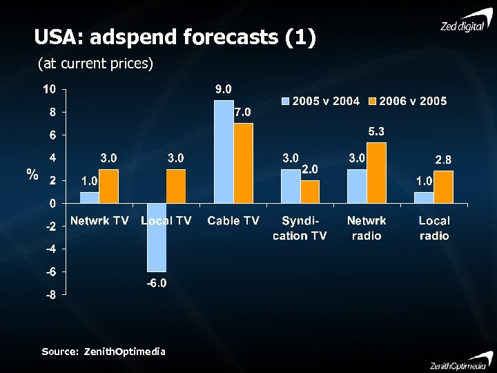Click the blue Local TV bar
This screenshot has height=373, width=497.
click(x=157, y=238)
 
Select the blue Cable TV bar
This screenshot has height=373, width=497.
click(x=224, y=152)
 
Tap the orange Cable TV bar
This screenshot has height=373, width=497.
click(x=243, y=163)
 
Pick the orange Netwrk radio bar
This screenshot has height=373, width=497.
click(x=376, y=173)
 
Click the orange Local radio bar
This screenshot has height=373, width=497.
click(x=444, y=187)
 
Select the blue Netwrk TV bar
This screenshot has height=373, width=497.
click(x=89, y=198)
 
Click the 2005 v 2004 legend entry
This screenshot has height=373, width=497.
click(x=320, y=102)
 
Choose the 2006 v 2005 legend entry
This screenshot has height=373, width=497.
click(x=408, y=102)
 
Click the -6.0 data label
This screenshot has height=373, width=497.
click(x=156, y=283)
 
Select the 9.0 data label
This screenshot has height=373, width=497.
click(x=224, y=89)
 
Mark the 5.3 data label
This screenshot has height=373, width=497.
click(x=376, y=131)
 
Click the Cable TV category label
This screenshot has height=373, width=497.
click(x=233, y=221)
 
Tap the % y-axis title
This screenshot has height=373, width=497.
click(x=32, y=174)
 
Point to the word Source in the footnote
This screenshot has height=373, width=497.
click(x=59, y=352)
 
